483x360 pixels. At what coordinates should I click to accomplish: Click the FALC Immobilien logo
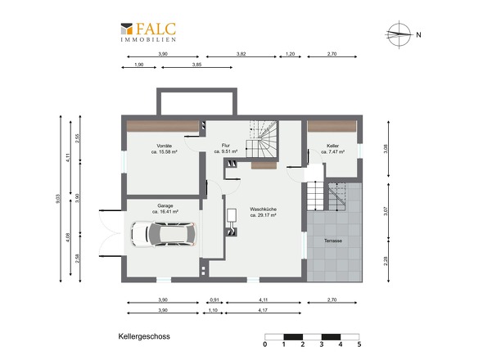coord(148,32)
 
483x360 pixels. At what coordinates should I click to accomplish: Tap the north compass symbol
coord(399,34)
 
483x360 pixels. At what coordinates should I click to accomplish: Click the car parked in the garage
coord(164,234)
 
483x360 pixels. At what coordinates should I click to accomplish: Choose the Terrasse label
coord(333,241)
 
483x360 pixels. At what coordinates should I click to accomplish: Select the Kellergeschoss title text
coord(144,336)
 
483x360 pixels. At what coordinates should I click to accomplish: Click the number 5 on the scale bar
coord(359,344)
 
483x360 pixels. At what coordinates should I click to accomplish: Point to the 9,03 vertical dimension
coord(57,199)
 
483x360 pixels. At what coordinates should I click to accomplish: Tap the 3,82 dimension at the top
coord(241,54)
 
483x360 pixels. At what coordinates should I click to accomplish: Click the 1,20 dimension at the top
coord(290,54)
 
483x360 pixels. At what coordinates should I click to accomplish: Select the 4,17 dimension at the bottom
coord(263,310)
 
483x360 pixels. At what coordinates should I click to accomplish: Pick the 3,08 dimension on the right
coord(386,149)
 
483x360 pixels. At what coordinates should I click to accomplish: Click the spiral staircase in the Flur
coord(262,138)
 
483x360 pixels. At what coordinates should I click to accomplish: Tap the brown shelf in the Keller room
coord(332,126)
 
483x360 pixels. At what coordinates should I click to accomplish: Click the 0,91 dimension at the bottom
coord(214,299)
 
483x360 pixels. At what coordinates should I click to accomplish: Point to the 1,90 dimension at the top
coord(139,65)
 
